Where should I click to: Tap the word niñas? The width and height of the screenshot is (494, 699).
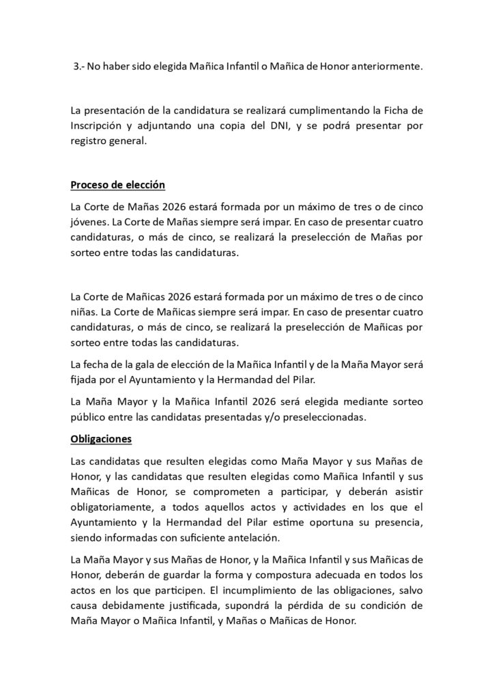click(x=85, y=312)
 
